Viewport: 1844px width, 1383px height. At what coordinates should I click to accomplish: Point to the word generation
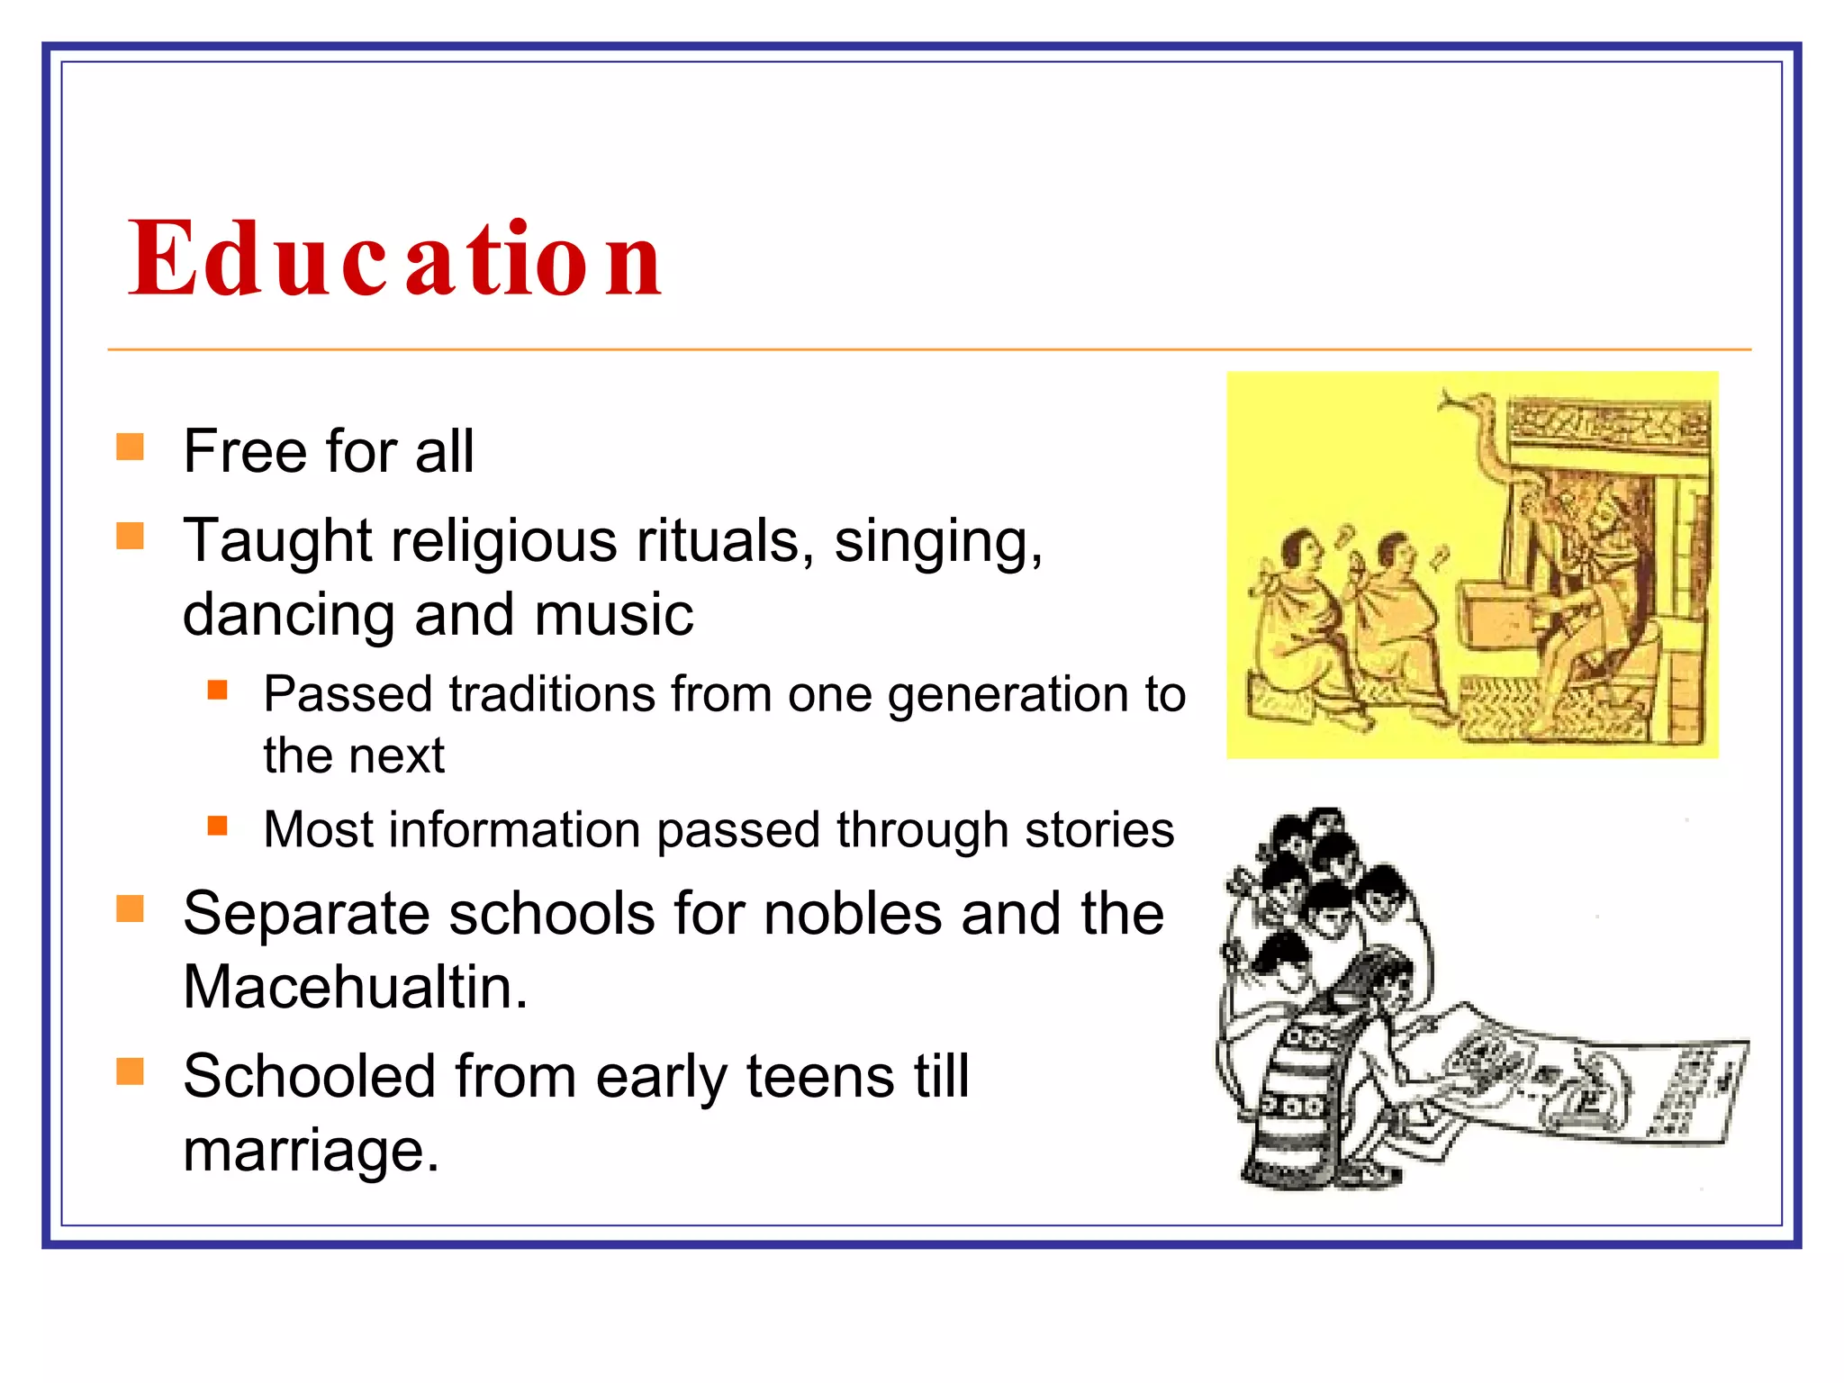pyautogui.click(x=1009, y=695)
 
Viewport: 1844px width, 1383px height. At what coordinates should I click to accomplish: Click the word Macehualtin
pyautogui.click(x=355, y=987)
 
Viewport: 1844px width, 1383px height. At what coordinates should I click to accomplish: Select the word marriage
pyautogui.click(x=311, y=1151)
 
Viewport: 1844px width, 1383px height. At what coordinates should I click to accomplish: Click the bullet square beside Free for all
pyautogui.click(x=131, y=447)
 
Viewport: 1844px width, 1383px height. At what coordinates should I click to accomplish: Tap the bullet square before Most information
pyautogui.click(x=217, y=826)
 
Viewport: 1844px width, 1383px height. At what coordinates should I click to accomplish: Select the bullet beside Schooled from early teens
pyautogui.click(x=131, y=1071)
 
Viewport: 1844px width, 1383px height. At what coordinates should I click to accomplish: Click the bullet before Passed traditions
pyautogui.click(x=217, y=691)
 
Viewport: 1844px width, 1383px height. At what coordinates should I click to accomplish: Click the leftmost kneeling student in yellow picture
pyautogui.click(x=1292, y=621)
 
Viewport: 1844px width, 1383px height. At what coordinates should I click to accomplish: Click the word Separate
pyautogui.click(x=306, y=914)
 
